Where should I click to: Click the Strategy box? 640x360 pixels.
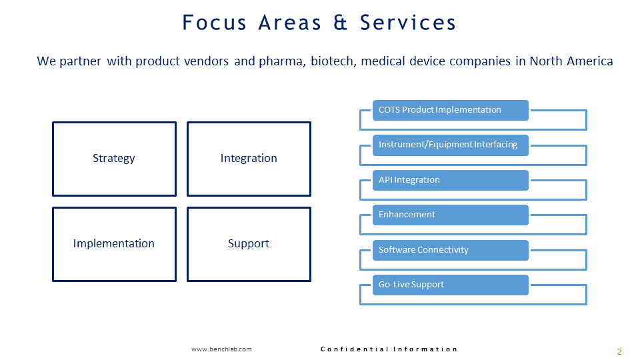pyautogui.click(x=114, y=159)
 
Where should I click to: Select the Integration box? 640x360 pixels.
pyautogui.click(x=249, y=159)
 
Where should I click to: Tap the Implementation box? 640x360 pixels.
pyautogui.click(x=114, y=244)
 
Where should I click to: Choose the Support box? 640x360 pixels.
pyautogui.click(x=249, y=244)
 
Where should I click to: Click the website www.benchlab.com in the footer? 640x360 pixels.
pyautogui.click(x=221, y=349)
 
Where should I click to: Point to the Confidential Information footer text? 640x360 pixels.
pyautogui.click(x=389, y=349)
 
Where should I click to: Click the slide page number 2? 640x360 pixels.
pyautogui.click(x=619, y=351)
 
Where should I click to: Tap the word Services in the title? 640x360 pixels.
pyautogui.click(x=408, y=23)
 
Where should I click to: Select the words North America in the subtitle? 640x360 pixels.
pyautogui.click(x=571, y=61)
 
